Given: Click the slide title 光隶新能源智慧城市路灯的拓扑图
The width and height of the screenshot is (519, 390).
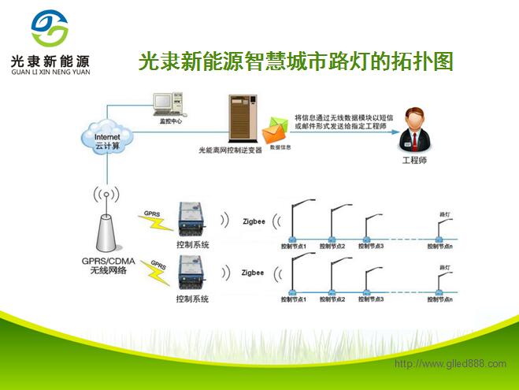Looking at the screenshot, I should [x=295, y=61].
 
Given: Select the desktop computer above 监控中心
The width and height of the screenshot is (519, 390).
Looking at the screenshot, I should [x=165, y=105].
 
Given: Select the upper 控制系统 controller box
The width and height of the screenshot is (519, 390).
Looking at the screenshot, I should [x=191, y=218].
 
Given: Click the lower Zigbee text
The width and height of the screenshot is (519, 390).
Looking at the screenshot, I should [x=254, y=273].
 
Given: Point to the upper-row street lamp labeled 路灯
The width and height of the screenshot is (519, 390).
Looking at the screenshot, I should [x=443, y=228].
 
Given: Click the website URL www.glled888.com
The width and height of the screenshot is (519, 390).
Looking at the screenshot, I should [x=450, y=363].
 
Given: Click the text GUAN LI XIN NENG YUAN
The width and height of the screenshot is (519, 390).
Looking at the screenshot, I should [x=51, y=72].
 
